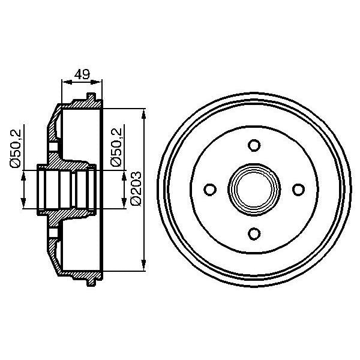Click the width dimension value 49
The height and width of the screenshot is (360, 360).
(82, 74)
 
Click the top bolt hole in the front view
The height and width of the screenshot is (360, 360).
(254, 145)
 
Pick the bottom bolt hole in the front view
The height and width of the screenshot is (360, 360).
(254, 233)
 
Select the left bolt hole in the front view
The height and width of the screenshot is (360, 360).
(209, 190)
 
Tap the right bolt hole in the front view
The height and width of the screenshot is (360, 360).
(298, 190)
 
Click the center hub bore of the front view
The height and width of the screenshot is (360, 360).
(254, 190)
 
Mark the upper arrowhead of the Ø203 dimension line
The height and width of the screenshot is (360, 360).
(144, 114)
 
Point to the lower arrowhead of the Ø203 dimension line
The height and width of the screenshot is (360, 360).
(144, 266)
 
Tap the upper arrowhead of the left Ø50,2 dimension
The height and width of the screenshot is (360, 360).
(23, 175)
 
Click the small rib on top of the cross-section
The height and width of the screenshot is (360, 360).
(91, 97)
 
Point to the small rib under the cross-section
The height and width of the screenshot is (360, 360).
(91, 281)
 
